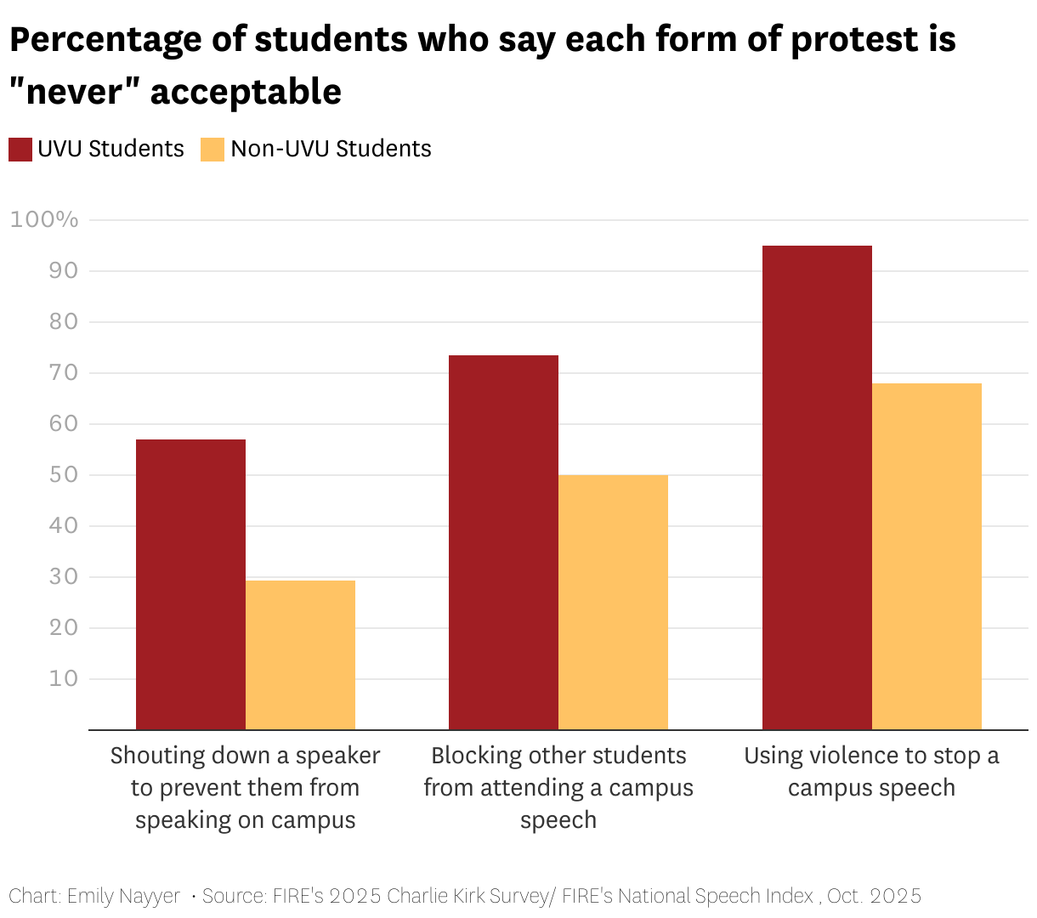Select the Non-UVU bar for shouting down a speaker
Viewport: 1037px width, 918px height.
pyautogui.click(x=300, y=654)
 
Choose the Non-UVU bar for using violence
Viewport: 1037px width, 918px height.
pyautogui.click(x=926, y=556)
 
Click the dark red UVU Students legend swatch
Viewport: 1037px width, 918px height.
pyautogui.click(x=20, y=150)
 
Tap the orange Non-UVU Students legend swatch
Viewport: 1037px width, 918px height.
pyautogui.click(x=212, y=150)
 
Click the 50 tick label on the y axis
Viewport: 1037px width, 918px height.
pyautogui.click(x=64, y=474)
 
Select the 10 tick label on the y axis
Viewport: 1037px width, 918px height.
pyautogui.click(x=64, y=678)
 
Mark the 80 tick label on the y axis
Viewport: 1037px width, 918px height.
pyautogui.click(x=64, y=321)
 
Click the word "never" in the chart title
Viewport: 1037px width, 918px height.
pyautogui.click(x=75, y=92)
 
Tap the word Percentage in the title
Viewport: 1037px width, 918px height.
pyautogui.click(x=106, y=40)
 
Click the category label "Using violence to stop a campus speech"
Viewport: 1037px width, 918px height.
pyautogui.click(x=871, y=771)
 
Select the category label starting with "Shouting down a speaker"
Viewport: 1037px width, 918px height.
pyautogui.click(x=245, y=787)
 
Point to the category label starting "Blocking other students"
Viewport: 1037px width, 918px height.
pyautogui.click(x=558, y=787)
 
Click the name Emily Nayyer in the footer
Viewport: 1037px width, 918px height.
pyautogui.click(x=124, y=896)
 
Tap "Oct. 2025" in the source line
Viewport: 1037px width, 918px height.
pyautogui.click(x=874, y=896)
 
